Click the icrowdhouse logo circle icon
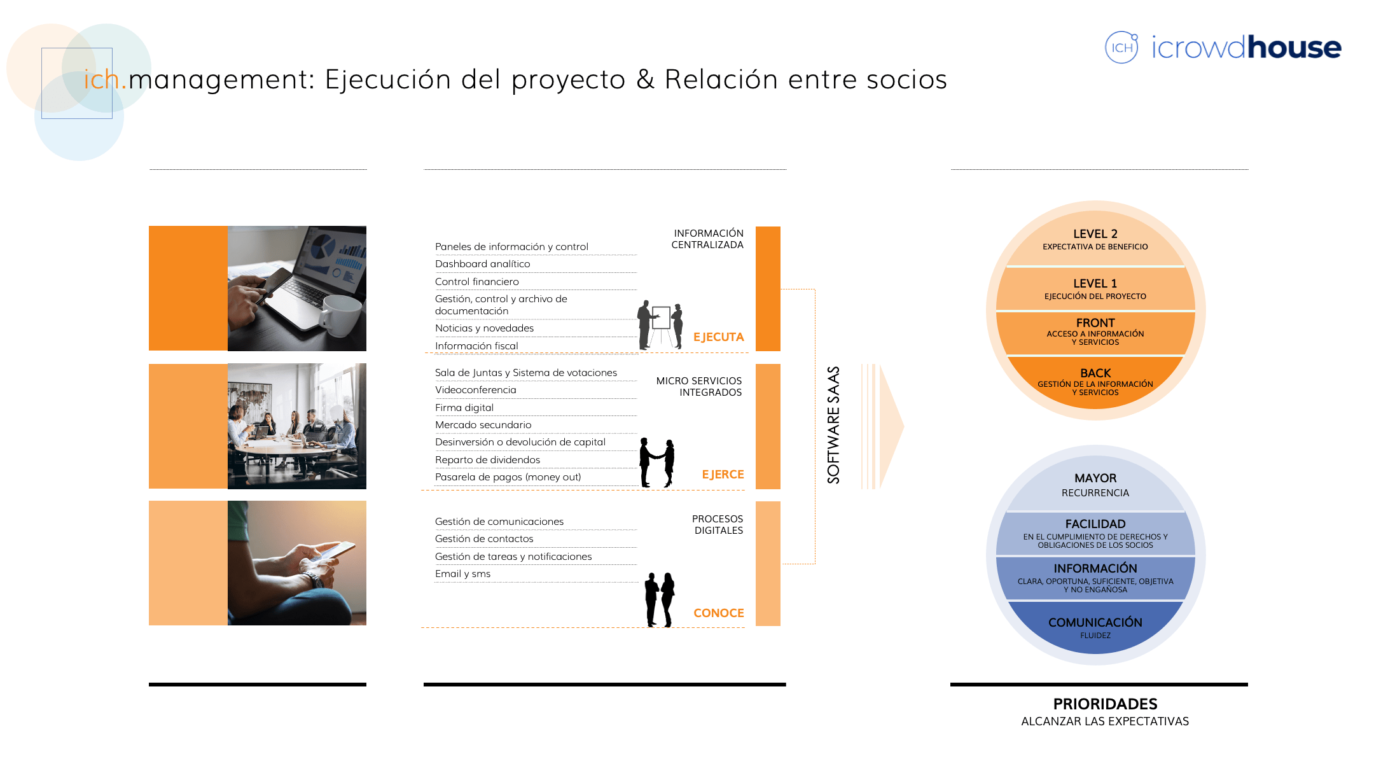pyautogui.click(x=1121, y=47)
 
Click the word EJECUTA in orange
pyautogui.click(x=718, y=337)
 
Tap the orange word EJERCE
pyautogui.click(x=723, y=475)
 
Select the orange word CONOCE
pyautogui.click(x=718, y=613)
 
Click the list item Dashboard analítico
pyautogui.click(x=482, y=264)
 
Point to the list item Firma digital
pyautogui.click(x=464, y=408)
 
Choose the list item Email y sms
pyautogui.click(x=462, y=574)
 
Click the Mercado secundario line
pyautogui.click(x=483, y=425)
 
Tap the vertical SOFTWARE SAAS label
pyautogui.click(x=833, y=425)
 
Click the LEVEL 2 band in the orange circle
pyautogui.click(x=1095, y=239)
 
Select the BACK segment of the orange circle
pyautogui.click(x=1095, y=382)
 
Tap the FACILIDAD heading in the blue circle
pyautogui.click(x=1095, y=524)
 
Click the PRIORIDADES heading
pyautogui.click(x=1105, y=704)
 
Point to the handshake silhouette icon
pyautogui.click(x=656, y=463)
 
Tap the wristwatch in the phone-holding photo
pyautogui.click(x=314, y=580)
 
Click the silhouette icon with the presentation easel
pyautogui.click(x=660, y=324)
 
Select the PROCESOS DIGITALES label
pyautogui.click(x=718, y=525)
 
